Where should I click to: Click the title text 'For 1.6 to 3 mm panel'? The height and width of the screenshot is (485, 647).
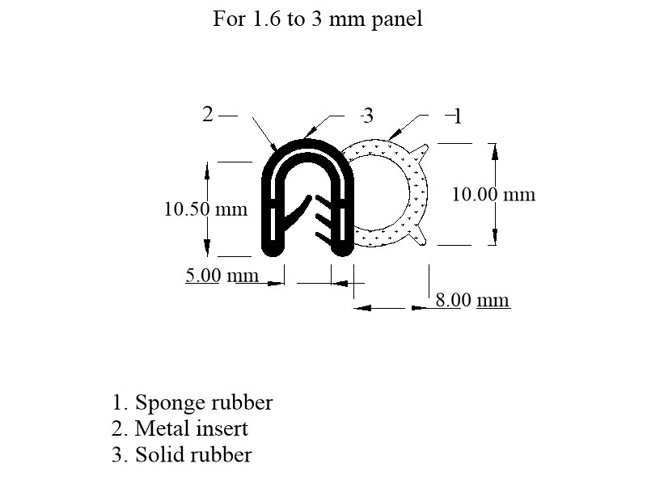pos(317,19)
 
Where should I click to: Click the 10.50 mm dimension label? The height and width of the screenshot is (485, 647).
pos(206,209)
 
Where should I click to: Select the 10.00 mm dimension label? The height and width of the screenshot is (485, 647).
pos(493,194)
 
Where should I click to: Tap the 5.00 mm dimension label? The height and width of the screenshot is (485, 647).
pos(222,275)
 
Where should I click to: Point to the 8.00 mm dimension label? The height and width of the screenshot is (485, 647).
pos(473,300)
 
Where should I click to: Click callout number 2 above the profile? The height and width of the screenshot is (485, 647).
pos(208,114)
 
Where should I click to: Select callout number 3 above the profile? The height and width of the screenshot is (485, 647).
pos(367,116)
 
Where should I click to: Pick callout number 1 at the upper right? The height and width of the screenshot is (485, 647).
pos(457,116)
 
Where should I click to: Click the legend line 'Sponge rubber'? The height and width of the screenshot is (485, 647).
pos(192,402)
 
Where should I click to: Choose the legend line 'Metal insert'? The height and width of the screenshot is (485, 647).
pos(180,428)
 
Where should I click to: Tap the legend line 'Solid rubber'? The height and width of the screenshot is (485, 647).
pos(181,454)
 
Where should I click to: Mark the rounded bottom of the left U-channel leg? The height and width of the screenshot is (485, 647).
pos(273,248)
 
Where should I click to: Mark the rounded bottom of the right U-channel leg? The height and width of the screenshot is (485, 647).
pos(342,248)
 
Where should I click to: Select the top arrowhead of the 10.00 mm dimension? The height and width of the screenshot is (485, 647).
pos(495,151)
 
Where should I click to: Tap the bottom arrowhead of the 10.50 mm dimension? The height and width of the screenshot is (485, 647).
pos(207,247)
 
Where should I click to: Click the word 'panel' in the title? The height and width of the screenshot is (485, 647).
pos(397,19)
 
